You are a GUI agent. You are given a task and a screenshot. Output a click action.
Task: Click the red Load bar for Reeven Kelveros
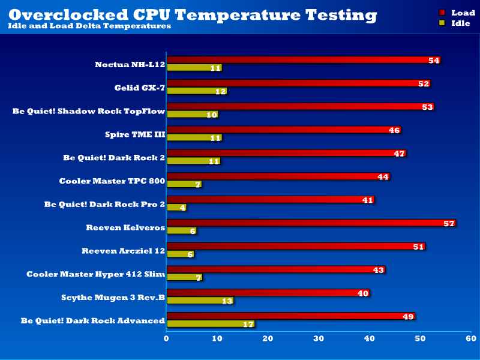coord(311,223)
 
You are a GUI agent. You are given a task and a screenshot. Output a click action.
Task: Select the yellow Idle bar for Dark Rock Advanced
coord(210,324)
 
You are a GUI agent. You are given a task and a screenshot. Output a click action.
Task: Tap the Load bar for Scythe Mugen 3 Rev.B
coord(268,293)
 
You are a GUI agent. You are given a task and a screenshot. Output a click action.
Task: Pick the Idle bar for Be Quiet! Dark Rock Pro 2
coord(176,208)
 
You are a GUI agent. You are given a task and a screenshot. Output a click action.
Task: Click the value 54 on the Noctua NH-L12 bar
coord(434,61)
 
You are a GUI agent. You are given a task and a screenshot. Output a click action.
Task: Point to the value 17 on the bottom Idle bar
coord(247,324)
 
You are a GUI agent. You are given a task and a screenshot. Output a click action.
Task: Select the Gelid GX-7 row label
coord(140,88)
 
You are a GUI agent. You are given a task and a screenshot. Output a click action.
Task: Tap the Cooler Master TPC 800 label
coord(112,181)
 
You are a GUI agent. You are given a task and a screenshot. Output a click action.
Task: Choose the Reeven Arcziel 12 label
coord(123,251)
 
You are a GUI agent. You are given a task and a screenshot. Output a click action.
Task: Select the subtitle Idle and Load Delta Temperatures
coord(89,26)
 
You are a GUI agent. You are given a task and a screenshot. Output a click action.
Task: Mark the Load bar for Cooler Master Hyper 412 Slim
coord(275,270)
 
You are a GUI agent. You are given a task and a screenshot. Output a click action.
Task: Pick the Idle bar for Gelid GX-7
coord(196,91)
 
